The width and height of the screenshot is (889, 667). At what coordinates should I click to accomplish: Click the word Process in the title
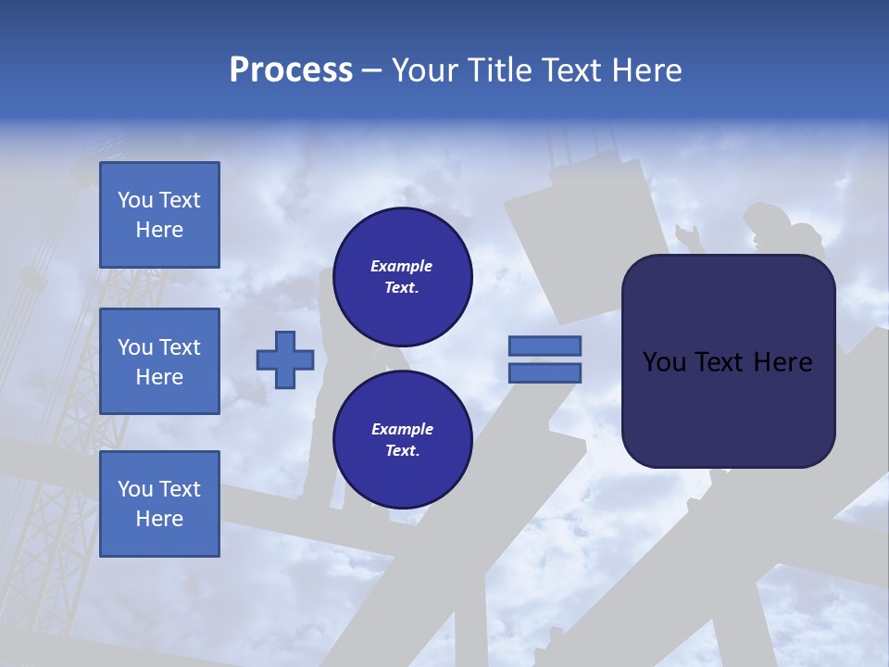point(291,70)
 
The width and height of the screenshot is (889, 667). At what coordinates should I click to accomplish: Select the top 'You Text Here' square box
point(159,215)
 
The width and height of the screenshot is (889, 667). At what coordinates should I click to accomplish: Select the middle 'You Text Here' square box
point(159,361)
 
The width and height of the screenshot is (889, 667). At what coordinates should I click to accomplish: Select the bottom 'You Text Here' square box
point(159,504)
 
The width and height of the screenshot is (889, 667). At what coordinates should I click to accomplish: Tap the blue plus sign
point(285,359)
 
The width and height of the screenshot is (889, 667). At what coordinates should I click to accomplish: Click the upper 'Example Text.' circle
point(402,277)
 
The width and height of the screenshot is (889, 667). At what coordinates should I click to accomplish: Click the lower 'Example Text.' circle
point(402,440)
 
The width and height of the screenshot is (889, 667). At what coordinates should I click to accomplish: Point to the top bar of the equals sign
point(545,346)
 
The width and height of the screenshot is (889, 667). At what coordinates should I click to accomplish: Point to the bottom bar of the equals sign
point(545,372)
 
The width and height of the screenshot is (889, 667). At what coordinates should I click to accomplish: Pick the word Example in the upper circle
point(402,266)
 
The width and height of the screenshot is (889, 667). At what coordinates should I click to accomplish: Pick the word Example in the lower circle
point(402,429)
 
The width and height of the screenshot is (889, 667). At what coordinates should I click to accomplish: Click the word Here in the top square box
point(159,230)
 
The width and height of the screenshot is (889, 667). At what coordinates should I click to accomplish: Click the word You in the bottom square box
point(135,489)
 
